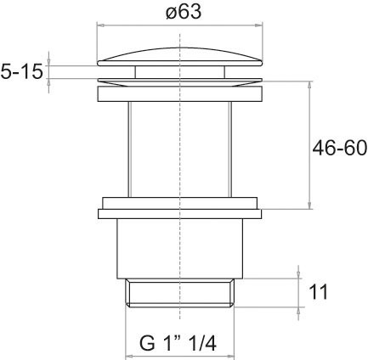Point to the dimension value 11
pos(319,292)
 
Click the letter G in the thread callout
pos(146,343)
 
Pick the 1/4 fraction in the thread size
pos(201,343)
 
